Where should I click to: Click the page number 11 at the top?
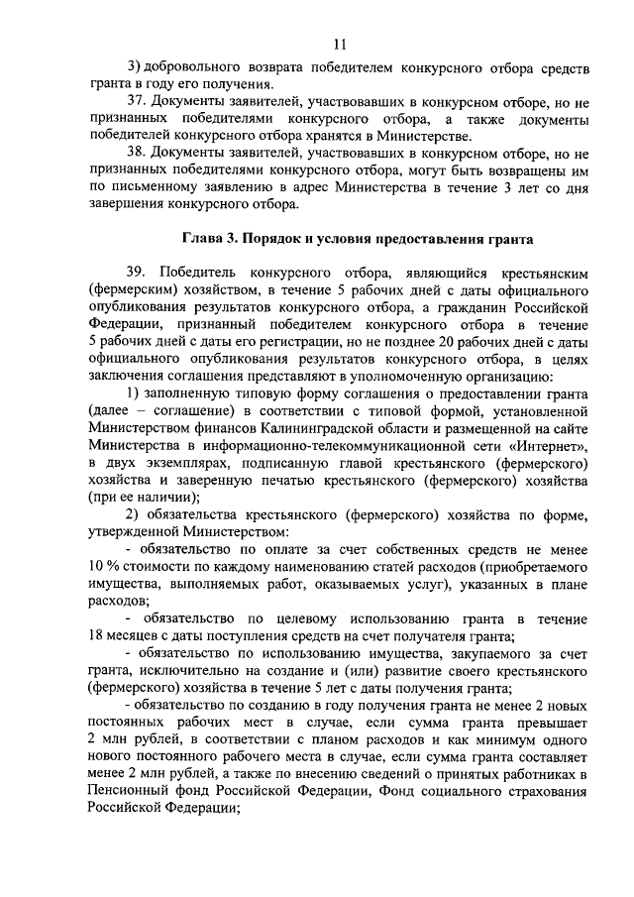(340, 44)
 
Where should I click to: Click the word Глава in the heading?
(203, 238)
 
